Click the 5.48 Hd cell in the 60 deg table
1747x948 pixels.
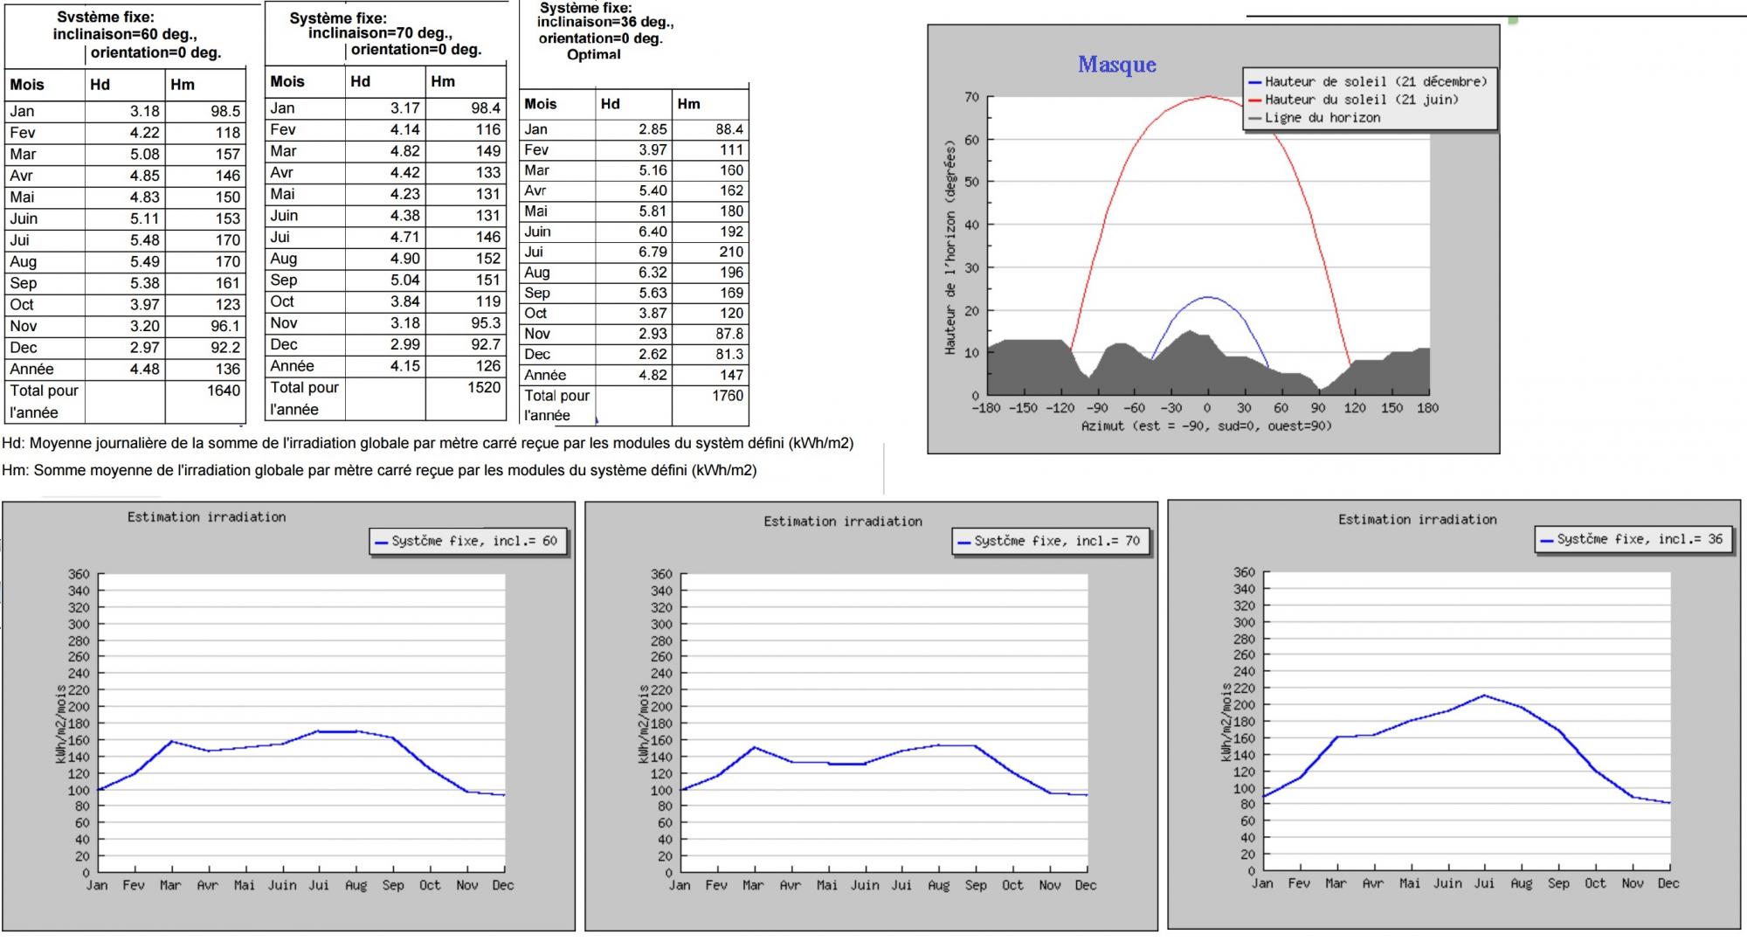pos(144,240)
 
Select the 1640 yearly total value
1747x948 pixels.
pos(223,391)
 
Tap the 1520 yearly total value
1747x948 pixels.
pos(484,387)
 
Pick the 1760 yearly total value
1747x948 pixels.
pos(727,395)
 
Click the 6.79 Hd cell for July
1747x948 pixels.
pos(652,252)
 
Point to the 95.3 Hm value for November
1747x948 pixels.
pos(485,323)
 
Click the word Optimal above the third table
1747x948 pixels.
pos(593,54)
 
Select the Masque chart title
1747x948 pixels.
pos(1116,65)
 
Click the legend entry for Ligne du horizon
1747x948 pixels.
pos(1322,118)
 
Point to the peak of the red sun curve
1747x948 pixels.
pos(1208,96)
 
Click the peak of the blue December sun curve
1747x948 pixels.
pos(1208,297)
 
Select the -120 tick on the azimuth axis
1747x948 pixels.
pos(1060,408)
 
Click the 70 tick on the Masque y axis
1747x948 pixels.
pos(971,97)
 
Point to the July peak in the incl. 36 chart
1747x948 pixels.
pos(1484,695)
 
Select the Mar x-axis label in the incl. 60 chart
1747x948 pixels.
pos(170,885)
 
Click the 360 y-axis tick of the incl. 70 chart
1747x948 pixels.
pos(661,574)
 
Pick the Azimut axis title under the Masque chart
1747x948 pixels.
pos(1206,426)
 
